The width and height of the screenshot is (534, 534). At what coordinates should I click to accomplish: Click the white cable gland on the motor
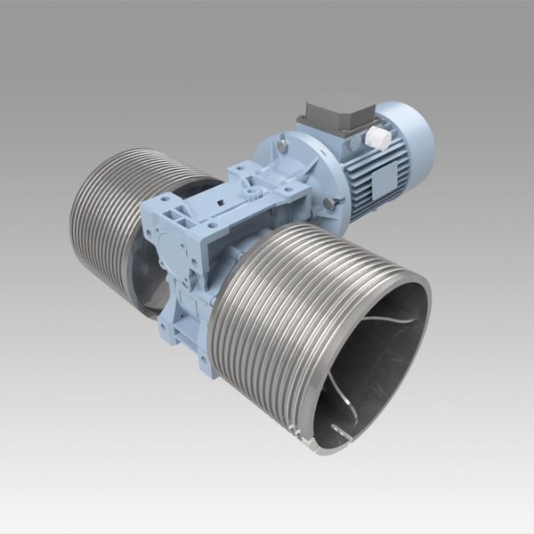tap(377, 137)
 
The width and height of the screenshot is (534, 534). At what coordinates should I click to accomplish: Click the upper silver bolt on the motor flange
tap(281, 143)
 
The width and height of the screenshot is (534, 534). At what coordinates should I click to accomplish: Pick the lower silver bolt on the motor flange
tap(330, 206)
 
